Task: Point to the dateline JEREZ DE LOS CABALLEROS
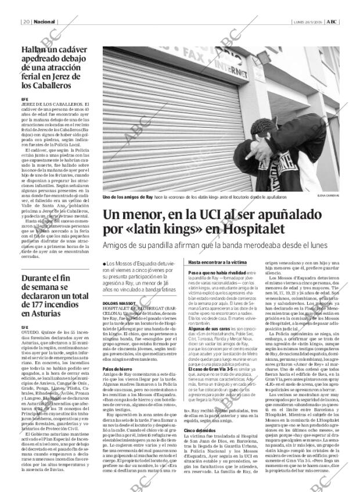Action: pyautogui.click(x=51, y=104)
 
